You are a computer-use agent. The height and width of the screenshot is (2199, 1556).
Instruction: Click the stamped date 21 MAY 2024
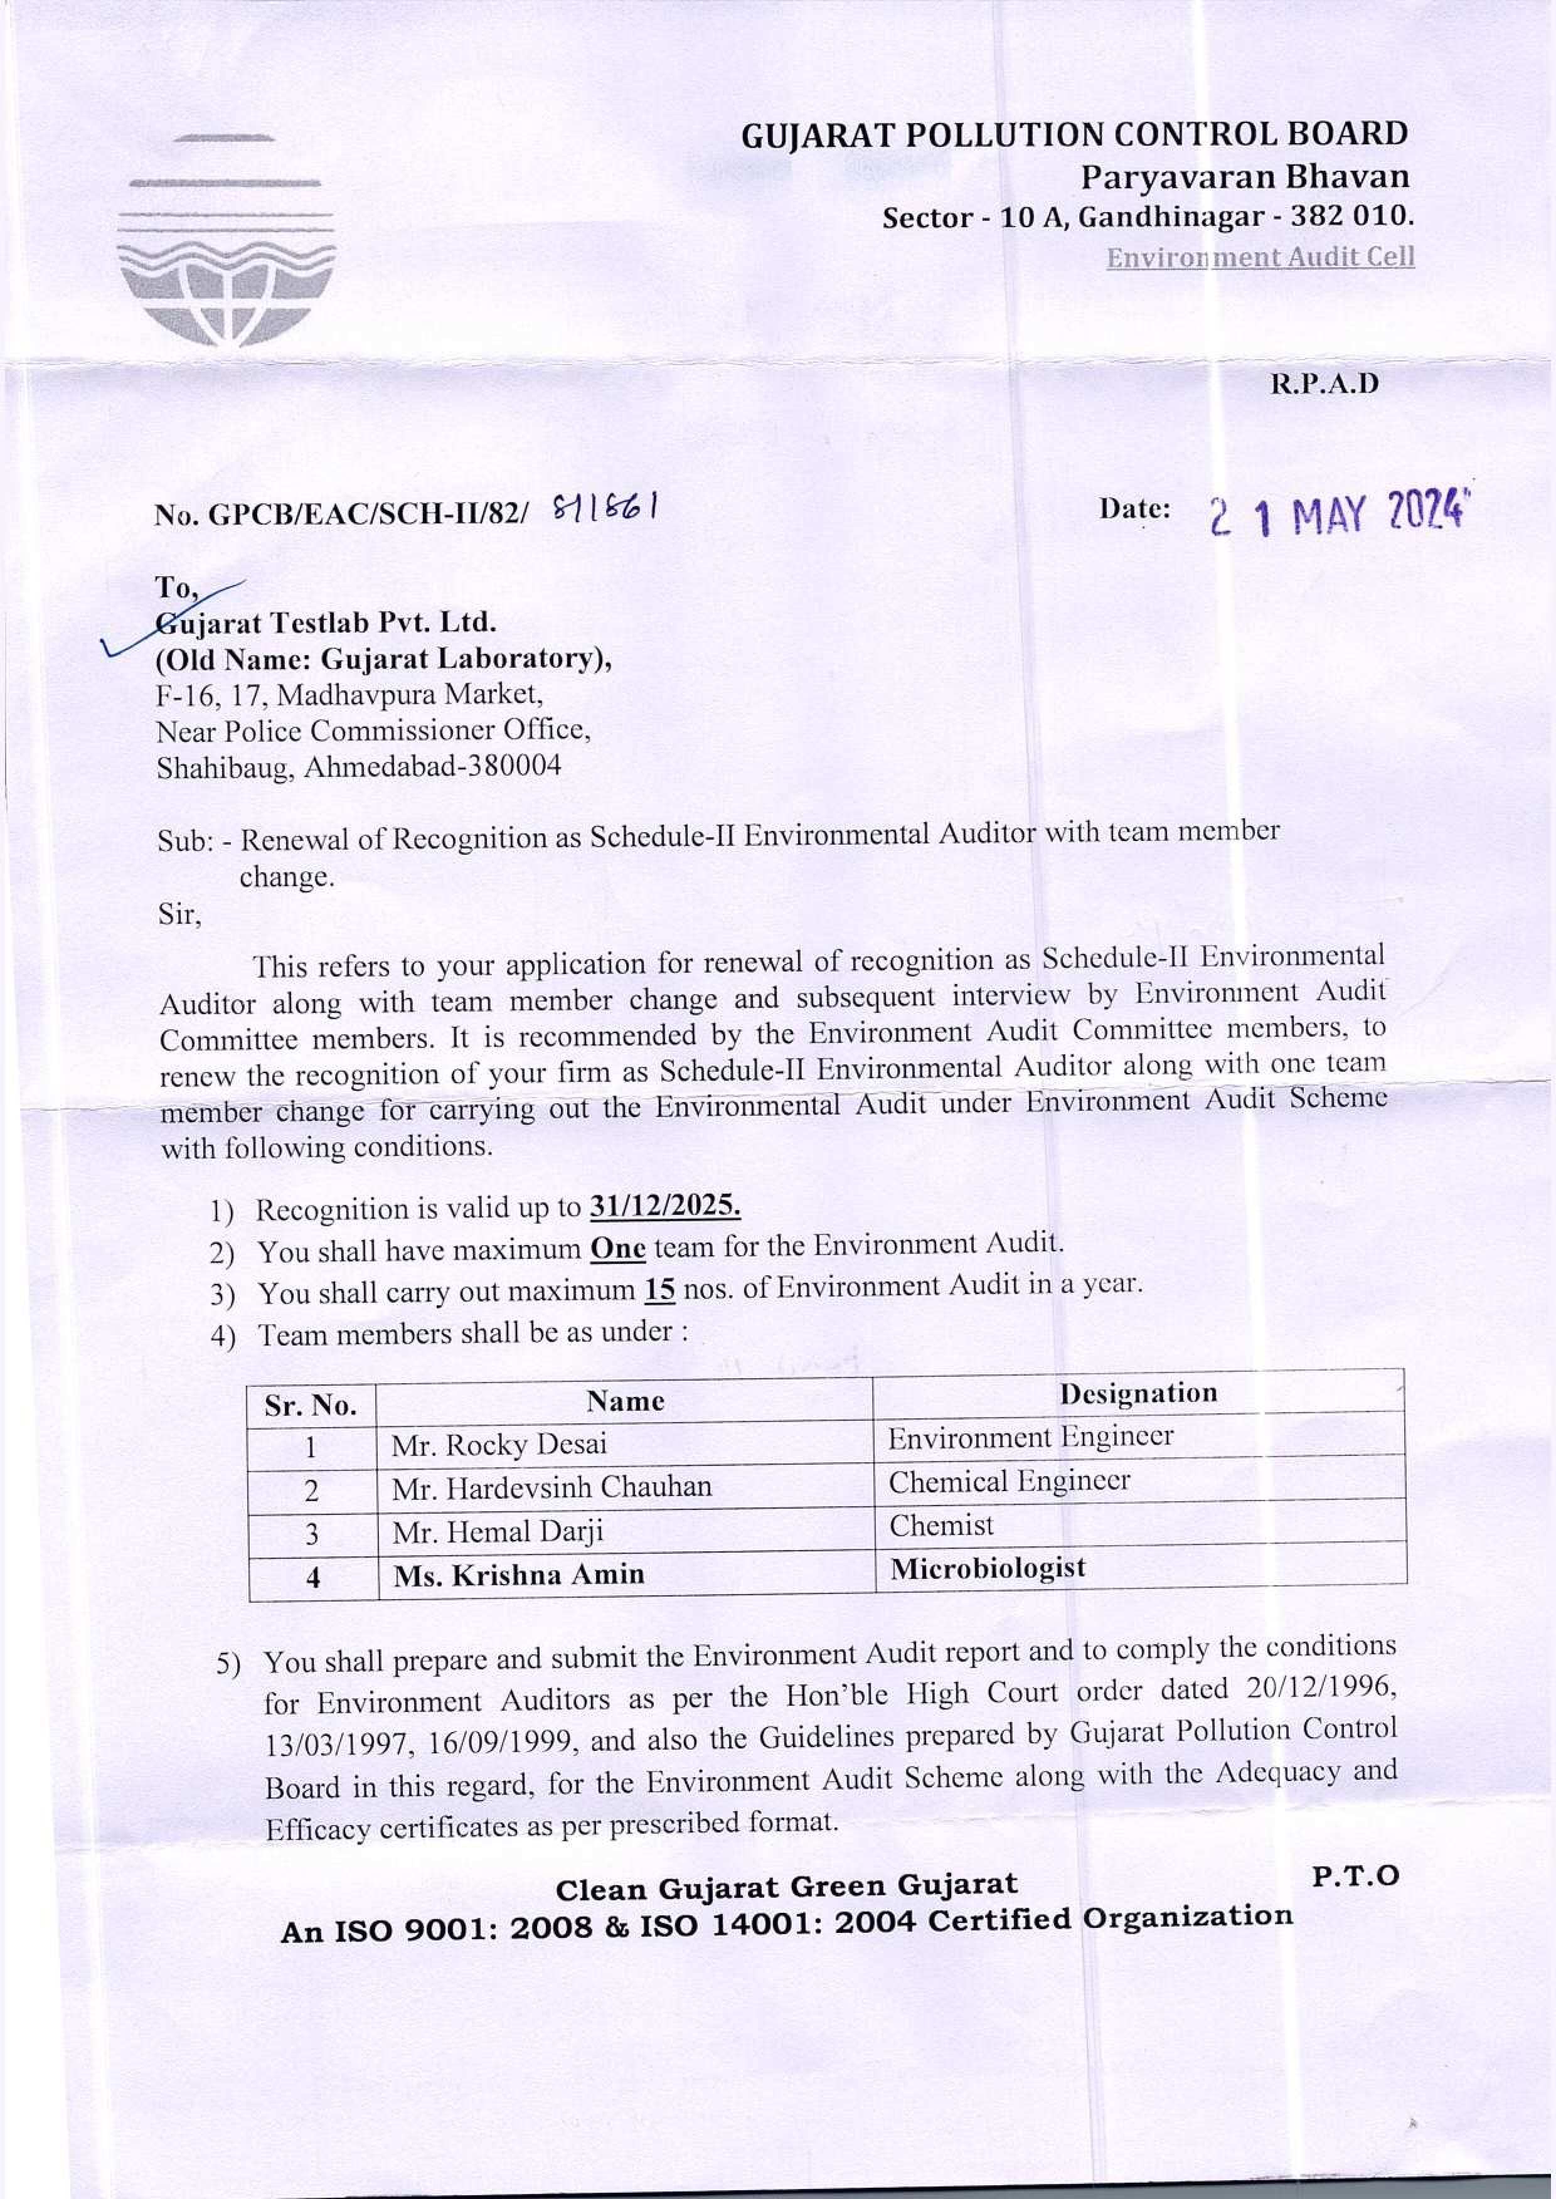pos(1338,517)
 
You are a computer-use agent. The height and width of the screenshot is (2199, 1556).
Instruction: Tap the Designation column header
pos(1138,1393)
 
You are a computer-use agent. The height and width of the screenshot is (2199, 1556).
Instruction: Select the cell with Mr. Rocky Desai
pos(499,1445)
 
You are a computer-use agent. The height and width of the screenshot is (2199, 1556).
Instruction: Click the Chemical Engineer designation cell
pos(1009,1481)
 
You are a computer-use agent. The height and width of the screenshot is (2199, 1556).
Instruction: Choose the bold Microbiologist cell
pos(987,1568)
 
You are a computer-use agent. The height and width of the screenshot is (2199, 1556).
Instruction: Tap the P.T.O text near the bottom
pos(1355,1876)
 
